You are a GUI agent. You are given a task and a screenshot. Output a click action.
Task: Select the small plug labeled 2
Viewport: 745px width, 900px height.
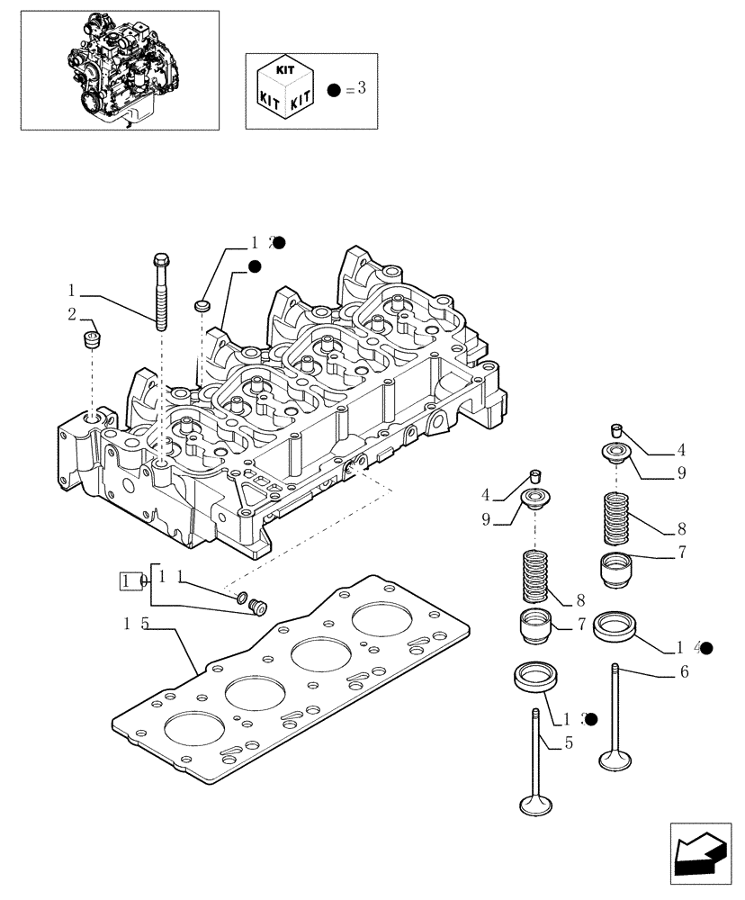(x=90, y=341)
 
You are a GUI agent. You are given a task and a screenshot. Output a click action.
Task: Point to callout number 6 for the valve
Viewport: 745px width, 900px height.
(x=683, y=671)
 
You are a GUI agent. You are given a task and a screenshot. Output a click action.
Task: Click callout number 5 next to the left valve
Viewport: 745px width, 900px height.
(x=568, y=743)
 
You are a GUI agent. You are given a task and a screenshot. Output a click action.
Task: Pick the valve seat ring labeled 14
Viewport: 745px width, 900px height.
(x=615, y=625)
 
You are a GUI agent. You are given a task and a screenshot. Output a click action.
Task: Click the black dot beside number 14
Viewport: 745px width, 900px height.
(x=706, y=647)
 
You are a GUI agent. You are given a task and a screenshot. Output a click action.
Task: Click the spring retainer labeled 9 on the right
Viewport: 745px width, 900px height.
(x=618, y=452)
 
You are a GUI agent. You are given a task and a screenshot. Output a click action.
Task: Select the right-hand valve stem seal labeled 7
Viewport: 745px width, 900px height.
(x=616, y=570)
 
